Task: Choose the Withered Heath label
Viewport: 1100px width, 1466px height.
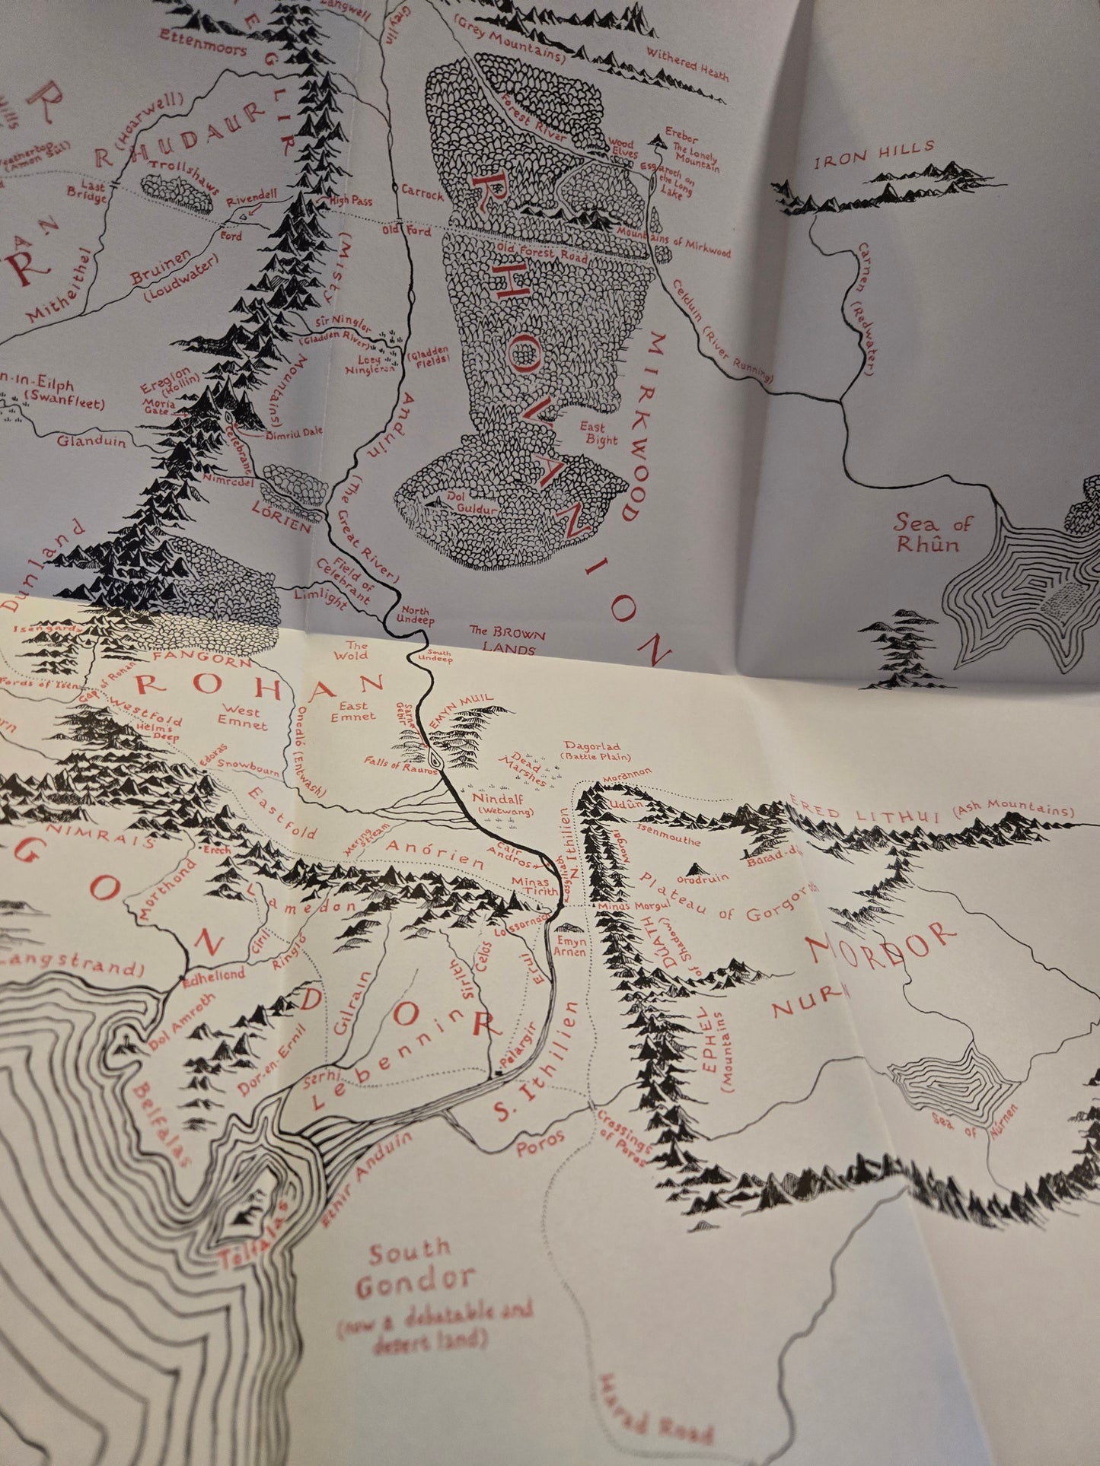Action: pos(687,64)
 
